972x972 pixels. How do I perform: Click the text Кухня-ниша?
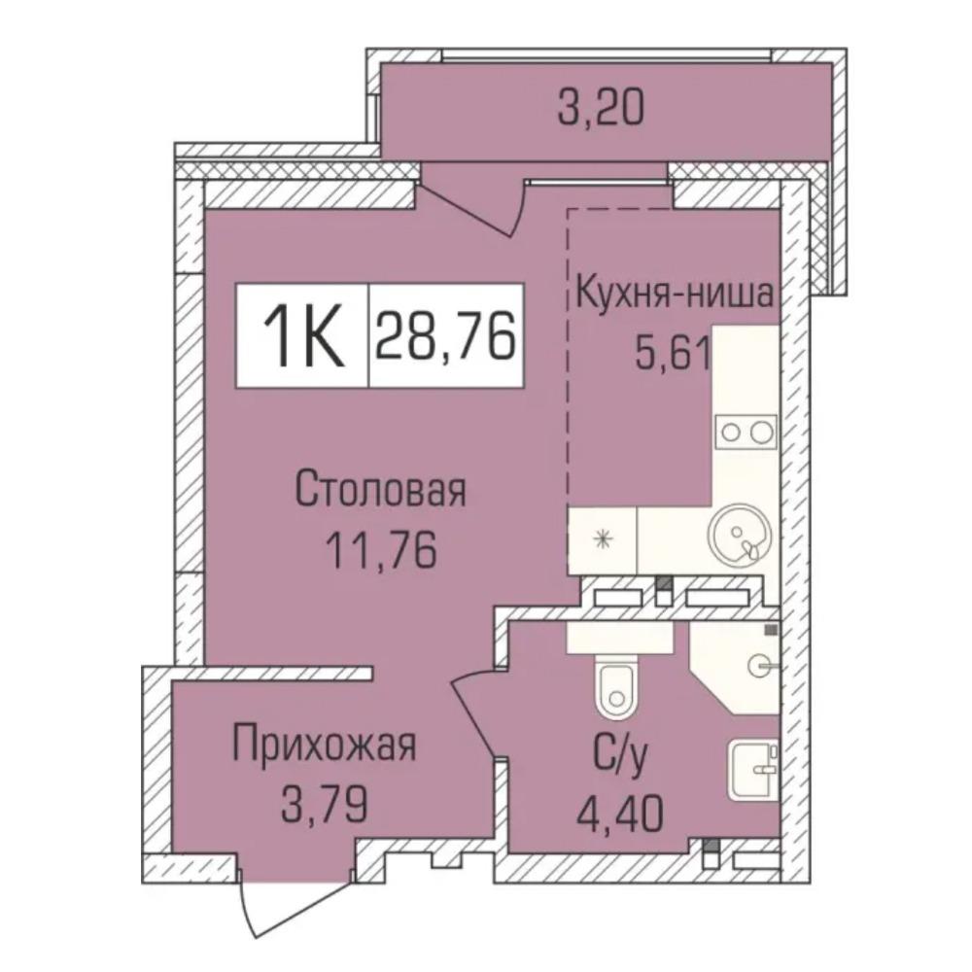tap(676, 295)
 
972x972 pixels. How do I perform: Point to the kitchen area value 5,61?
tap(672, 354)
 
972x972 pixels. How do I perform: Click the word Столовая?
tap(381, 490)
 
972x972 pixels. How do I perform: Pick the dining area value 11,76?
tap(382, 551)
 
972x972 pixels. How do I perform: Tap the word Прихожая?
tap(325, 746)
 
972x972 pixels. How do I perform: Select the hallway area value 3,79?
tap(325, 805)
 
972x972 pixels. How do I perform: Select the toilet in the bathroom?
tap(615, 687)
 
